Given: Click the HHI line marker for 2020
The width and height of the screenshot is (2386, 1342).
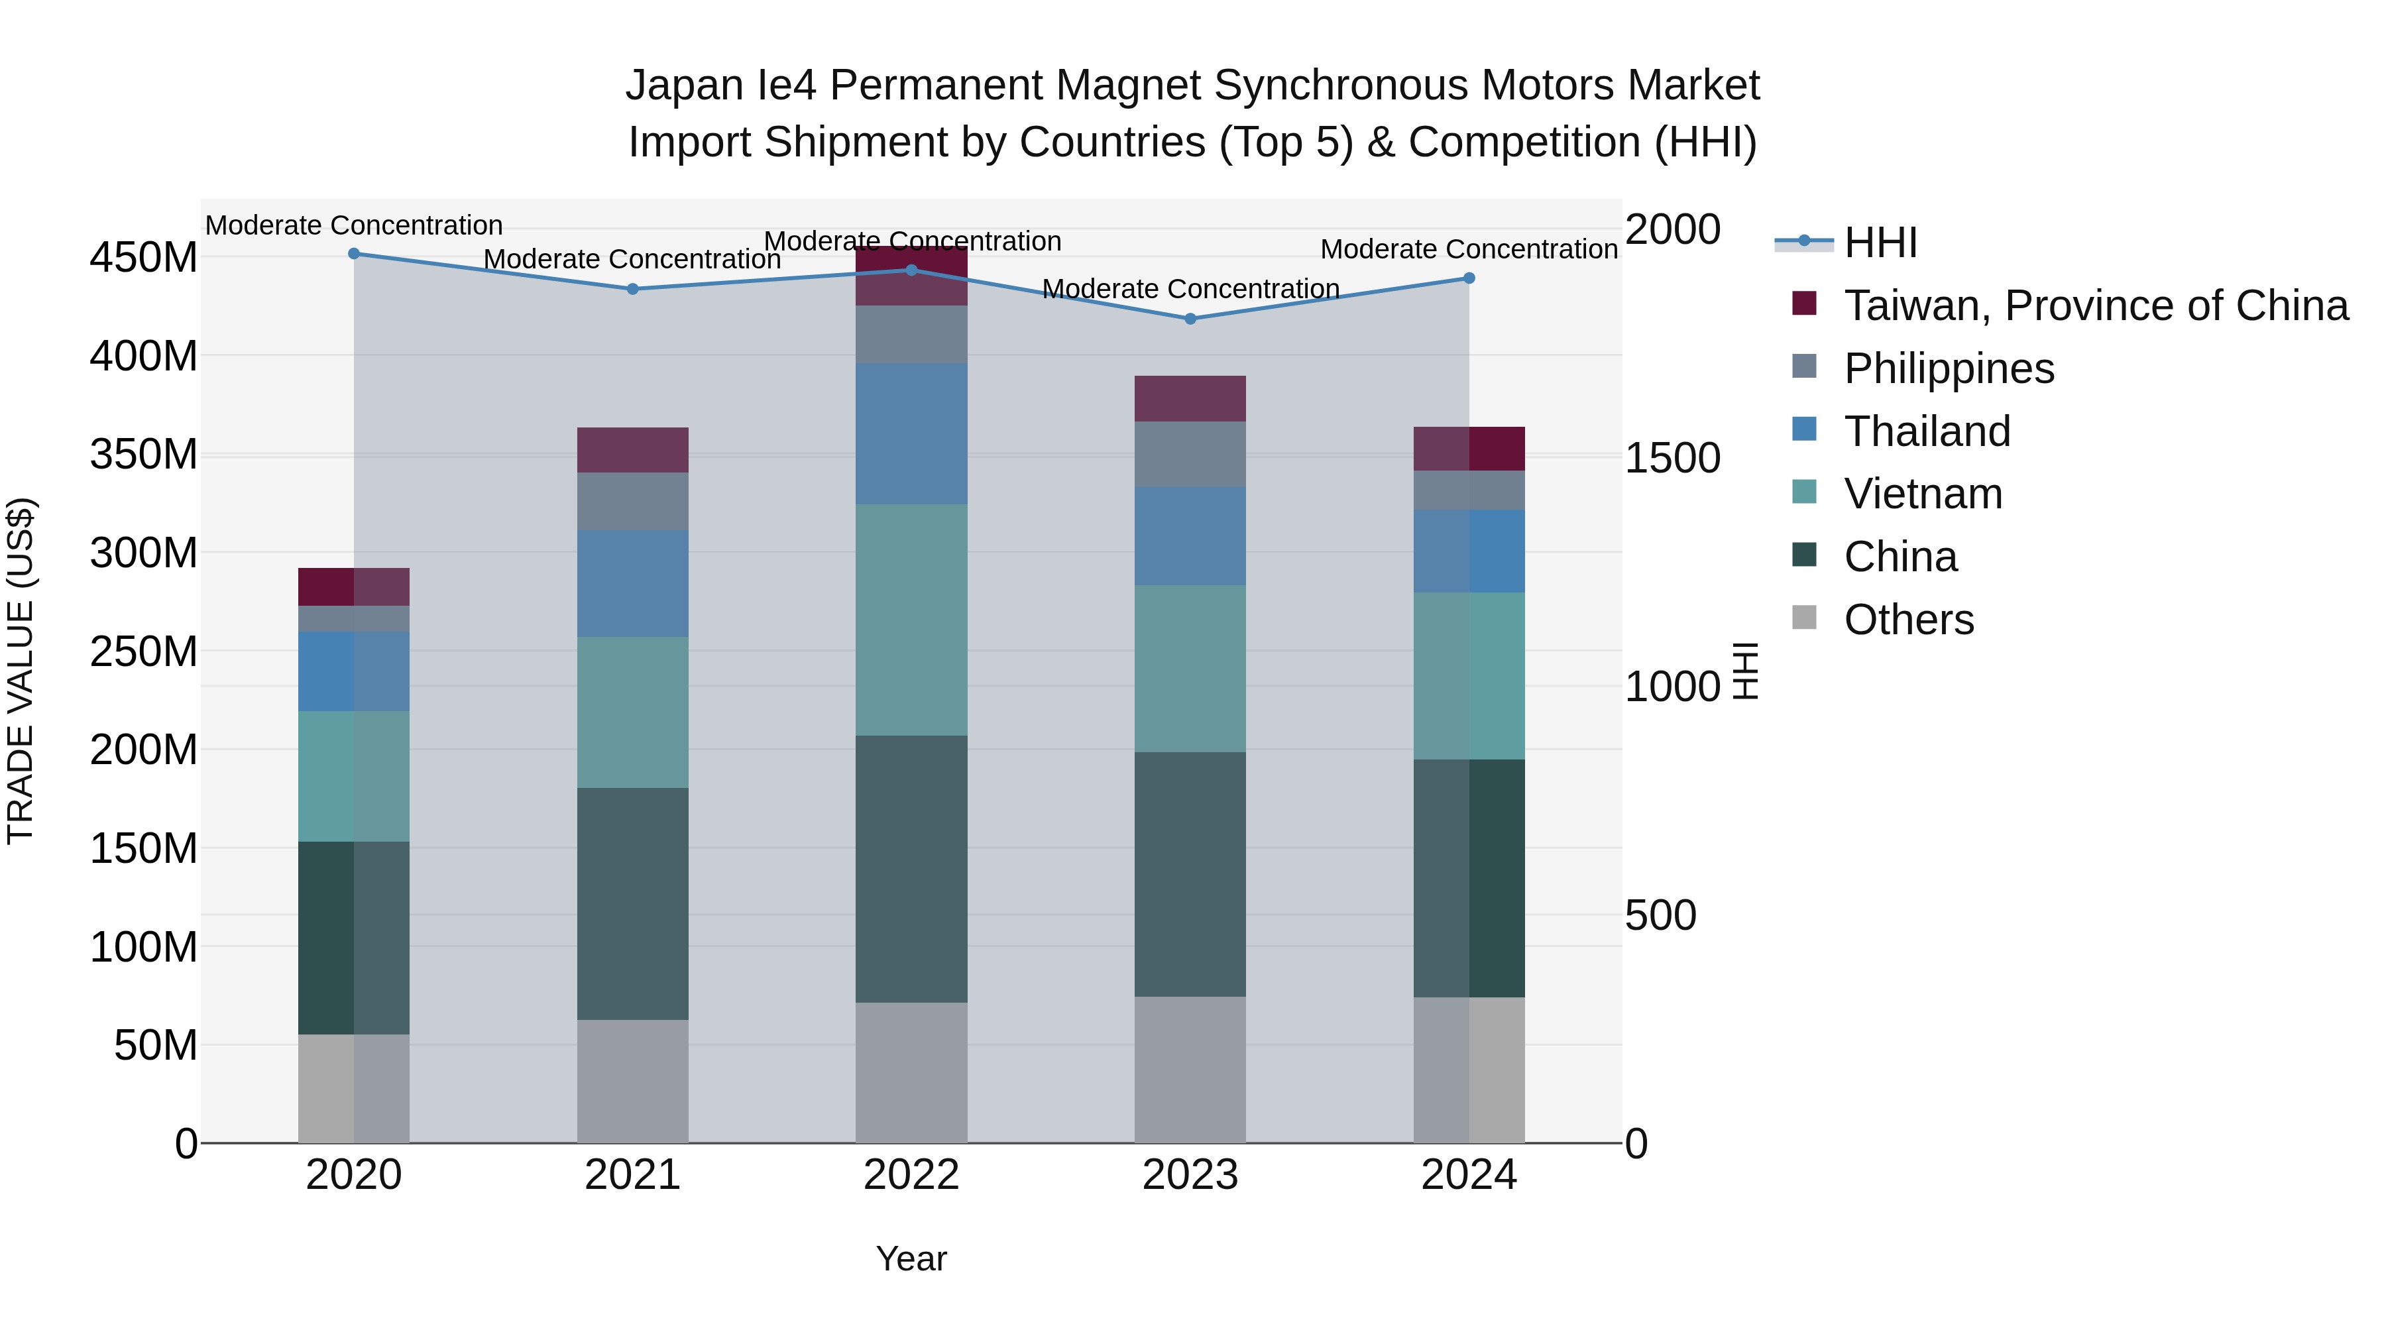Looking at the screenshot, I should [354, 254].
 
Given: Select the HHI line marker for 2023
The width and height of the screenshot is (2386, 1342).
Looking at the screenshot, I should [1190, 319].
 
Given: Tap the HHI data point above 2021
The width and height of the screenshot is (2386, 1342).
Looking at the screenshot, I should [633, 289].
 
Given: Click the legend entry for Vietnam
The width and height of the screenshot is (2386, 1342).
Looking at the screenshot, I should [1923, 494].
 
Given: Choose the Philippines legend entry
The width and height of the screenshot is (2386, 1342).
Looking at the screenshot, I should [1949, 368].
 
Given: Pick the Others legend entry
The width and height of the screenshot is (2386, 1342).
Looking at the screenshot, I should [1908, 620].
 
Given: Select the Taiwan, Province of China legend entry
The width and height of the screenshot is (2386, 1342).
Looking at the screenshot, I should [2095, 306].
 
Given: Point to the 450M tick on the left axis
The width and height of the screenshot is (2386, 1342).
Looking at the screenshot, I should [144, 258].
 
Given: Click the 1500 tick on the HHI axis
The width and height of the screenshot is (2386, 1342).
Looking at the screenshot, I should [1673, 457].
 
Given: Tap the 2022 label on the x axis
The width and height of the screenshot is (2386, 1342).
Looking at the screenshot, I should [911, 1175].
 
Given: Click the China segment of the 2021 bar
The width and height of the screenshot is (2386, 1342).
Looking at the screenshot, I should [633, 903].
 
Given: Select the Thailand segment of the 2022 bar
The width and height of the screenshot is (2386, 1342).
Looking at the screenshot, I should [911, 433].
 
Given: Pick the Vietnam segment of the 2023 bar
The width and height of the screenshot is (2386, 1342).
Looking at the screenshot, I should [1190, 668].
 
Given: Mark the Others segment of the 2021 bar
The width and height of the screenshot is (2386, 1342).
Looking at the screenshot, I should [633, 1081].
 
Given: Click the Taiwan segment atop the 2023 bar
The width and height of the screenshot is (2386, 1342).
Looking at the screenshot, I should [1190, 399].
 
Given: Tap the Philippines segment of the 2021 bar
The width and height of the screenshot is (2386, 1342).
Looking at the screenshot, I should [633, 501].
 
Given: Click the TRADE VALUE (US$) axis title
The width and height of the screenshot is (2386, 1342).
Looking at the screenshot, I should [21, 671].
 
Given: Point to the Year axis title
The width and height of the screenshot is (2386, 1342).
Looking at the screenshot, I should [911, 1258].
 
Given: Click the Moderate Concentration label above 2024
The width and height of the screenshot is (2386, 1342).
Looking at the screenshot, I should [1468, 249].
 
